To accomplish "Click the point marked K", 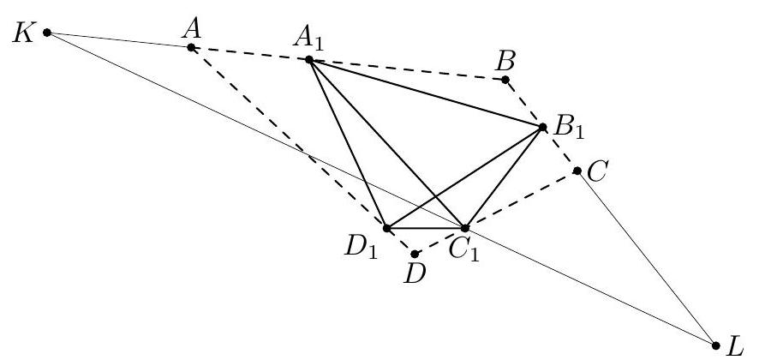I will click(x=47, y=33).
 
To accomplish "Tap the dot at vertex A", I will click(x=191, y=46).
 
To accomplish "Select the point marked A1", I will click(x=309, y=60).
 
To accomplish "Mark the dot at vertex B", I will click(x=505, y=80).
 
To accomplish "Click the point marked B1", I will click(x=542, y=128).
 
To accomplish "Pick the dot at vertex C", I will click(x=578, y=170).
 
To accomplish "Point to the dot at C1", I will click(x=464, y=228).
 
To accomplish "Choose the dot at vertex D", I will click(x=415, y=254).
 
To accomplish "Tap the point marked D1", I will click(x=387, y=228).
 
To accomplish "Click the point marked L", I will click(x=716, y=346).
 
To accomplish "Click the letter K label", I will click(x=24, y=35).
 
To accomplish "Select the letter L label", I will click(x=735, y=348).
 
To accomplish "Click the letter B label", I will click(x=505, y=61).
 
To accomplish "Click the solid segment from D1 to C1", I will click(x=426, y=228).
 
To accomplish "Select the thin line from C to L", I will click(x=647, y=257).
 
